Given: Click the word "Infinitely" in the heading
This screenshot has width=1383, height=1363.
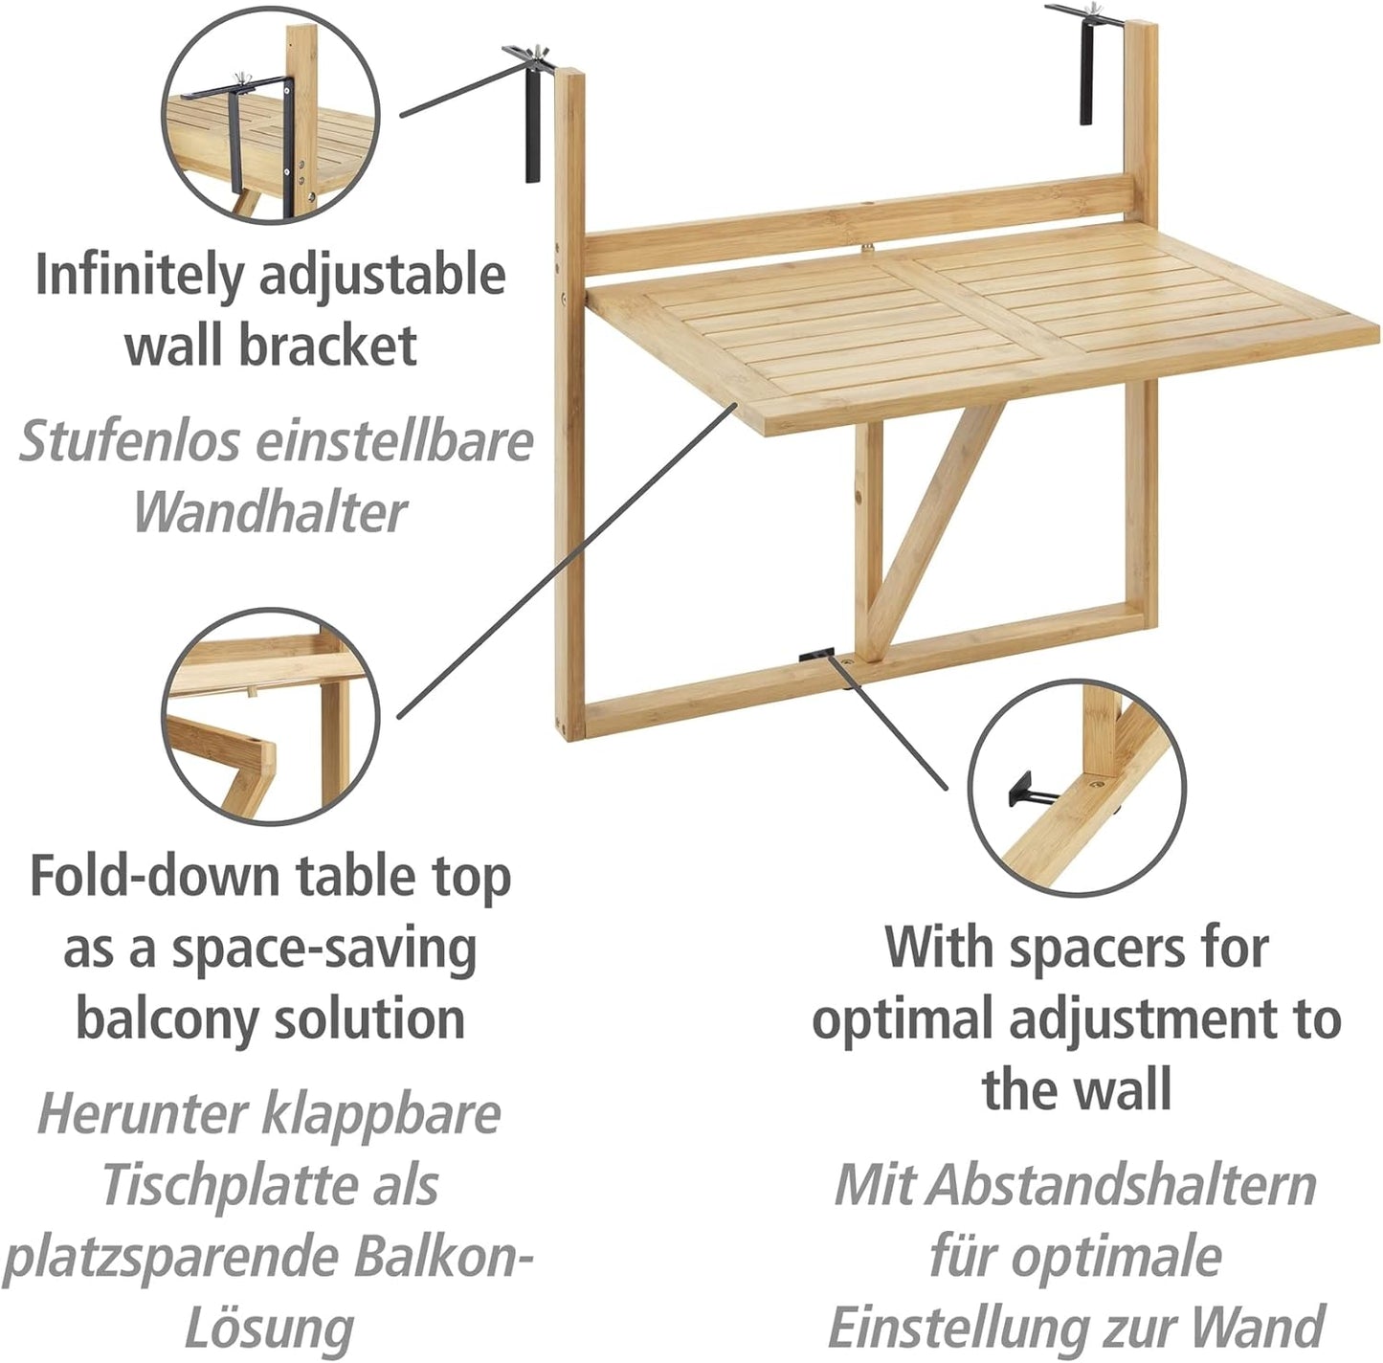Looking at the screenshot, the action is click(x=135, y=276).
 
